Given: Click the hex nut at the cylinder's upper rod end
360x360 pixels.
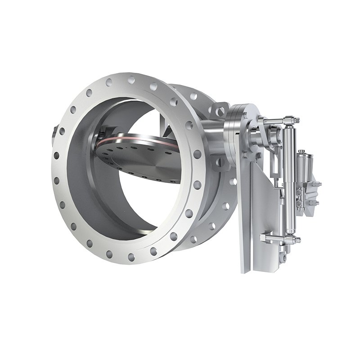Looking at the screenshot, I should pos(294,120).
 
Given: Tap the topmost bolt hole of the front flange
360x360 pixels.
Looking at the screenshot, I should pos(131,80).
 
